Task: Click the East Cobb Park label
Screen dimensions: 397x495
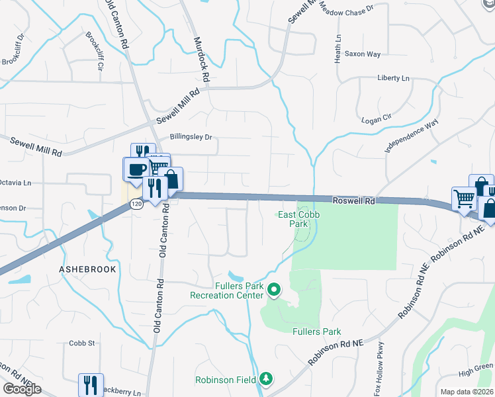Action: coord(294,219)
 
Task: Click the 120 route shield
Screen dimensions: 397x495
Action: coord(136,204)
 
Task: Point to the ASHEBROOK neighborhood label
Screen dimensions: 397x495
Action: coord(87,270)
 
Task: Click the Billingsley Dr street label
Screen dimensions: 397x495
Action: coord(191,138)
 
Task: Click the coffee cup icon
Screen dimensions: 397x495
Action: coord(137,169)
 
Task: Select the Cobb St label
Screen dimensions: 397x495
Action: coord(82,343)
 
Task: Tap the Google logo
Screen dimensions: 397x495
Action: coord(22,389)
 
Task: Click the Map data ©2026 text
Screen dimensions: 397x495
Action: coord(467,392)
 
